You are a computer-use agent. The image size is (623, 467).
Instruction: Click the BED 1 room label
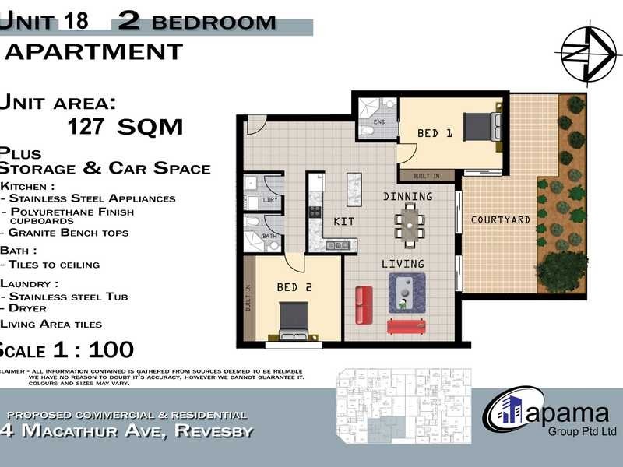(435, 133)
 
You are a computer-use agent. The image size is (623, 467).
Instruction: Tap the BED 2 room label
(294, 287)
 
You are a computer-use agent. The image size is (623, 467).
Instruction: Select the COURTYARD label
(501, 220)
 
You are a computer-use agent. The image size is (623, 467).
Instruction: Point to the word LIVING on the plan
(403, 264)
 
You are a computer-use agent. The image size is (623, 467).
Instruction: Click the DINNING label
(407, 196)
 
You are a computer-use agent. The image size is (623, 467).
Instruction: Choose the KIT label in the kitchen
(343, 222)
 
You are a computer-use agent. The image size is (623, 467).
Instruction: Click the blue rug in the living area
(407, 293)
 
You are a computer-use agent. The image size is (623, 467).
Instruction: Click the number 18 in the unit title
(78, 21)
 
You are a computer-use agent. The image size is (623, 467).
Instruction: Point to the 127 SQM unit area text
(125, 126)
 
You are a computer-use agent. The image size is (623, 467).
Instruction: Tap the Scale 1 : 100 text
(66, 349)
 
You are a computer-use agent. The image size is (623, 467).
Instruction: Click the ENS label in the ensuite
(379, 122)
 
